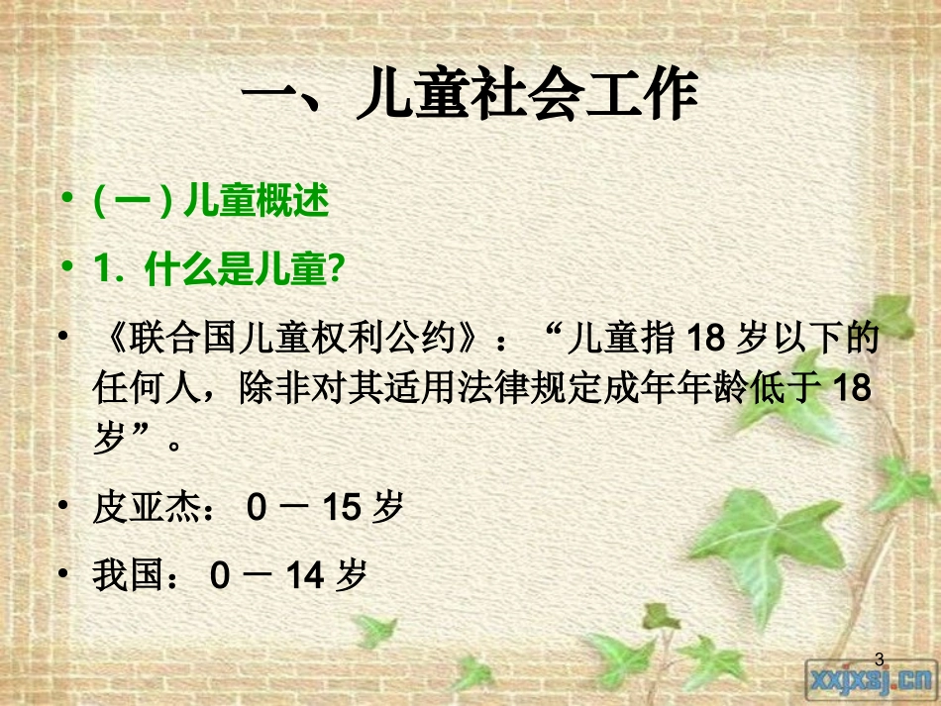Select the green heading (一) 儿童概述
pyautogui.click(x=210, y=203)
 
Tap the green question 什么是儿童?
pyautogui.click(x=244, y=267)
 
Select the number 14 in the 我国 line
pyautogui.click(x=306, y=575)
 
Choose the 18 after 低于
pyautogui.click(x=852, y=389)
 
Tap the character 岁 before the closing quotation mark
pyautogui.click(x=108, y=438)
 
